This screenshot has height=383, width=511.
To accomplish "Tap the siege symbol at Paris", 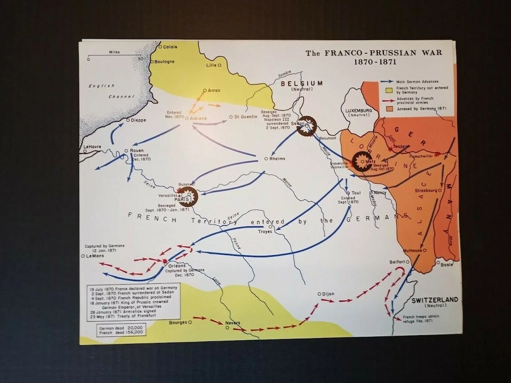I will [x=188, y=196].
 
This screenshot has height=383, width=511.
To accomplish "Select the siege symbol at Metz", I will [x=362, y=161].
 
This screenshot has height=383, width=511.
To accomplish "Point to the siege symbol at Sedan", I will [x=308, y=126].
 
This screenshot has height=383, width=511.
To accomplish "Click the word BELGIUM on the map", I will [x=301, y=83].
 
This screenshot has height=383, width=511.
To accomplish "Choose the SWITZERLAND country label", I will [x=435, y=299].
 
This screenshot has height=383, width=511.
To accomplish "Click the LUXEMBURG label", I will [x=359, y=111].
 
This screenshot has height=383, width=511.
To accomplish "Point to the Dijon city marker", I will [x=319, y=294].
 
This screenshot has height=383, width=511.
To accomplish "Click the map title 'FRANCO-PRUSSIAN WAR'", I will [x=373, y=53].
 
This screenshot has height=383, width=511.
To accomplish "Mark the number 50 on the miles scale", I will [x=140, y=59].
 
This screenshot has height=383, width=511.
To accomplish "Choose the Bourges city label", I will [x=178, y=323].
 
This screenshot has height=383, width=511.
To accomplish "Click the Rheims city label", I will [x=277, y=158].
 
